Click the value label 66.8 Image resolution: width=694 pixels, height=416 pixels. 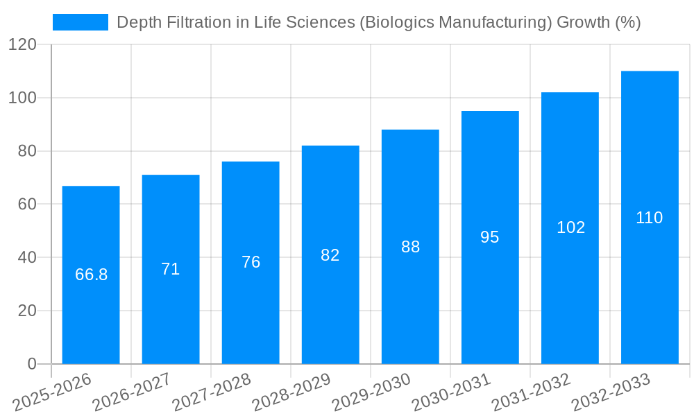(x=91, y=275)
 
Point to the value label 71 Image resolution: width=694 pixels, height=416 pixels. (x=171, y=269)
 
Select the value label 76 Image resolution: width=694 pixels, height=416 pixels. (x=251, y=262)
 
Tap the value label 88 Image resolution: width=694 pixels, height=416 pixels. (x=410, y=247)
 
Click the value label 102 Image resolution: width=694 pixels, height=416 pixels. (x=570, y=227)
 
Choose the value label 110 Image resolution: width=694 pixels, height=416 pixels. (x=650, y=218)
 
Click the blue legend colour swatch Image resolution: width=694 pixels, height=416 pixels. (x=81, y=22)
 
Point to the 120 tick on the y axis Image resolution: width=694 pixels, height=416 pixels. (x=22, y=45)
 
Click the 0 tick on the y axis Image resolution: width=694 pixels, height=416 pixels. (x=31, y=364)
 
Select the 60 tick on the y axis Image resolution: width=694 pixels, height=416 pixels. (x=26, y=205)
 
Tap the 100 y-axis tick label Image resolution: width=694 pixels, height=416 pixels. (x=22, y=98)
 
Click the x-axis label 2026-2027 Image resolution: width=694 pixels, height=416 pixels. (x=132, y=392)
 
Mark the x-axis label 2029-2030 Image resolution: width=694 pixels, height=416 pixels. (x=371, y=392)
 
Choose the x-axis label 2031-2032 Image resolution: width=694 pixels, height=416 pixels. (x=531, y=392)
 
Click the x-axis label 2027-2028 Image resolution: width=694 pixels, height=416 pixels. (x=212, y=392)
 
